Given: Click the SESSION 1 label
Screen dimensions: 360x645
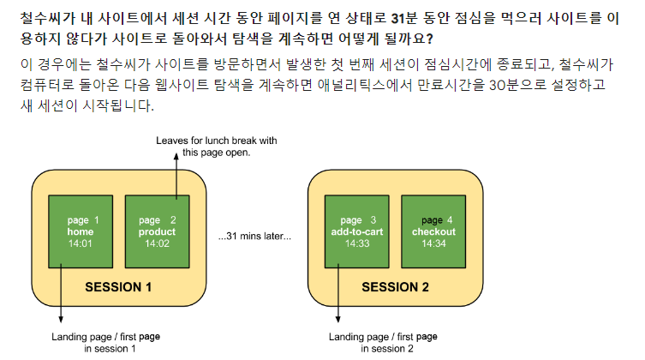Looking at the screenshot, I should [x=118, y=287].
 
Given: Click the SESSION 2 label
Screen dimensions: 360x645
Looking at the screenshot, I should [x=395, y=287].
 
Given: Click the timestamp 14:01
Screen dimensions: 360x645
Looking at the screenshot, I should [x=82, y=243].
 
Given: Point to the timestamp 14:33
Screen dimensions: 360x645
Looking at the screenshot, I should [x=358, y=243].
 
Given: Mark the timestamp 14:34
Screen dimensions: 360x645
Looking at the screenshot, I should [x=433, y=243].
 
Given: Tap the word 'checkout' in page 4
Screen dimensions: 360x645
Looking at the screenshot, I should [x=433, y=232].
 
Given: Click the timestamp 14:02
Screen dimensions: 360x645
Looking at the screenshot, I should [x=157, y=243].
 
